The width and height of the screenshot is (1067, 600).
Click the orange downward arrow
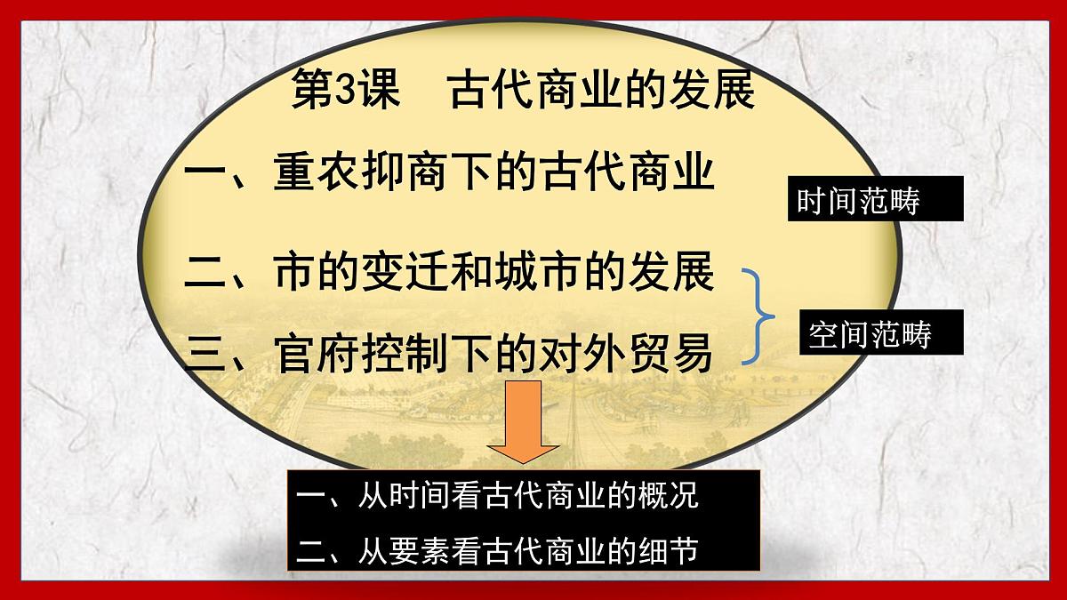click(x=524, y=422)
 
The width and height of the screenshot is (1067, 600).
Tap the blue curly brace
click(x=760, y=316)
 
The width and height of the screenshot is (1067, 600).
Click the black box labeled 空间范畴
click(x=869, y=334)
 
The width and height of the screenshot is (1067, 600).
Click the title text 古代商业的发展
click(x=602, y=91)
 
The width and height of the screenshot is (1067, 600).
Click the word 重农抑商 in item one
click(x=361, y=172)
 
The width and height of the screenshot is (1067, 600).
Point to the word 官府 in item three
click(x=317, y=353)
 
